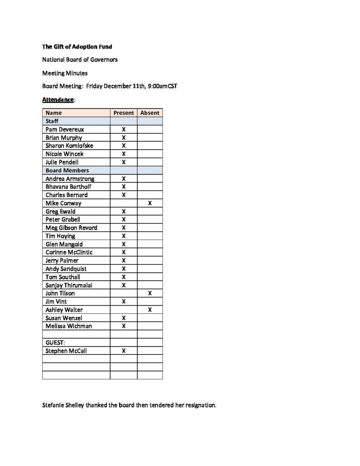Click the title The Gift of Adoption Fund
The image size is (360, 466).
pos(77,46)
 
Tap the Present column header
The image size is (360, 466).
pos(123,113)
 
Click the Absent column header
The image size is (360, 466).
pos(150,113)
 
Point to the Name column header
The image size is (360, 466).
pos(54,113)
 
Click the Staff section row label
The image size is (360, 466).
pos(52,121)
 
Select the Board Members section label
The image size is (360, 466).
pos(67,170)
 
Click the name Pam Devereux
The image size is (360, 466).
pos(65,129)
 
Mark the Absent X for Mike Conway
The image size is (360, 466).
pos(150,203)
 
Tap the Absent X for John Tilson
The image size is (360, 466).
pos(150,293)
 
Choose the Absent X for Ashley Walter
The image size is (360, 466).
pos(150,309)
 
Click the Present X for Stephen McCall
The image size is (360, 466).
pos(123,350)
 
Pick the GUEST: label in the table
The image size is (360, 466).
pos(56,343)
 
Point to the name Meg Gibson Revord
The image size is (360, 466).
pos(71,228)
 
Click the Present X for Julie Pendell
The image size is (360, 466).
pos(123,162)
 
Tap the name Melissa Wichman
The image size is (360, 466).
pos(68,326)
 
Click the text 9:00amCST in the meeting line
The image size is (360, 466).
pos(162,86)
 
